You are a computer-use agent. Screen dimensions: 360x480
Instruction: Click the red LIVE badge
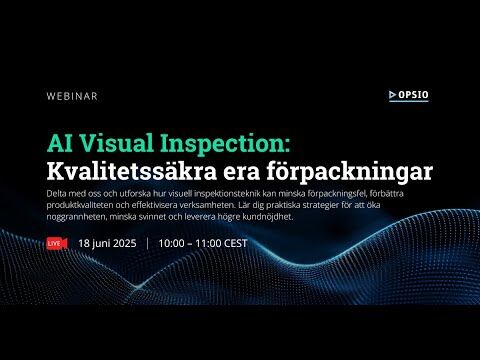pos(55,243)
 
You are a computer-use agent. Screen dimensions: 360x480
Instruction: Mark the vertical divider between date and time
pos(148,243)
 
